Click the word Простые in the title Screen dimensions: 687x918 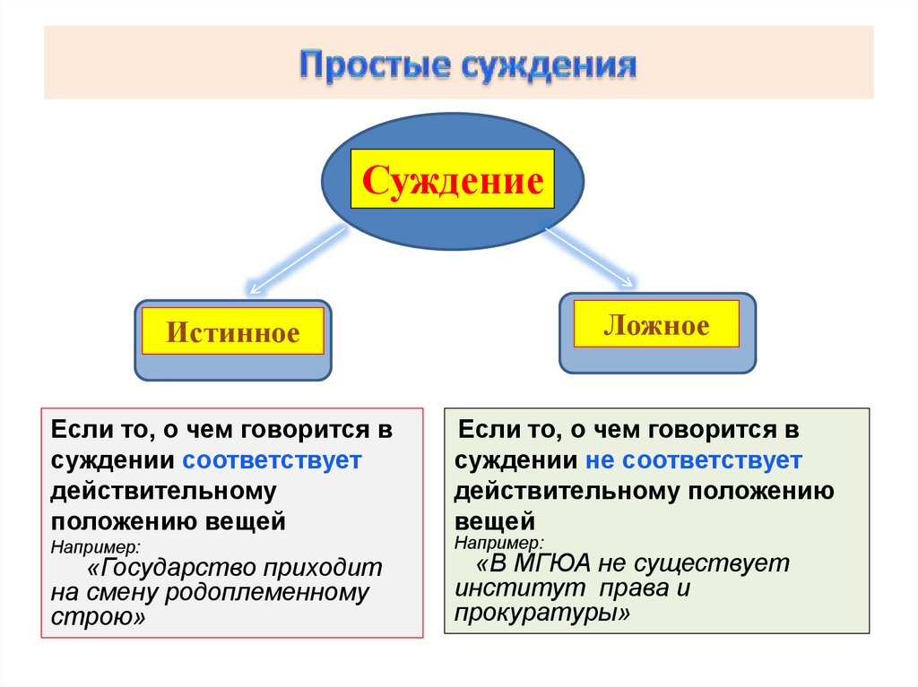[373, 67]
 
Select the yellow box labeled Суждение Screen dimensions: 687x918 [453, 180]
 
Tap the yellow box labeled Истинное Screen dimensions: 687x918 [232, 333]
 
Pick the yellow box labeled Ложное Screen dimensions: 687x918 [656, 324]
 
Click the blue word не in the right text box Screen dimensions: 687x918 [602, 460]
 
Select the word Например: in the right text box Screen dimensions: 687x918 [498, 543]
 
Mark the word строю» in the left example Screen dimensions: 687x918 [98, 618]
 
